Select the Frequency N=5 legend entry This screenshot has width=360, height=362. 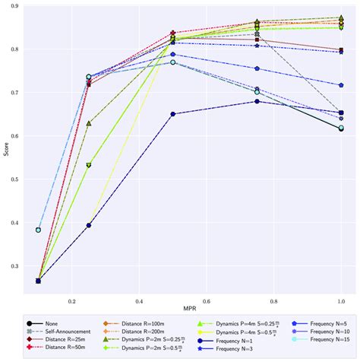tap(319, 322)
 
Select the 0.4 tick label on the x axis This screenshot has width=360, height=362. tap(139, 300)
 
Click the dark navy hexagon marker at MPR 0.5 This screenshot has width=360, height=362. tap(173, 114)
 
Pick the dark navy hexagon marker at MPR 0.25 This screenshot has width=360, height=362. tap(89, 225)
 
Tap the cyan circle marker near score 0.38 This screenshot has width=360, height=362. tap(38, 230)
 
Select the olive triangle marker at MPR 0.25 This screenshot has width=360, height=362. tap(89, 122)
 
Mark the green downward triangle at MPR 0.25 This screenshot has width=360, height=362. tap(89, 165)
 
